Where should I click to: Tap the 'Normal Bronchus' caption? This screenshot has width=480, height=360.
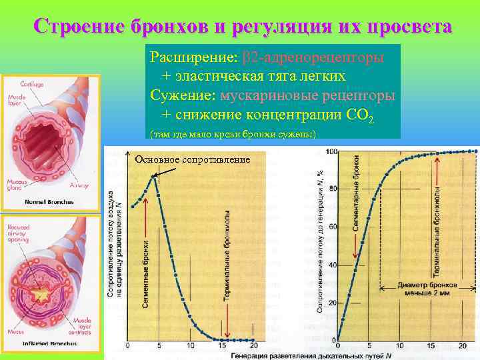[x=49, y=201]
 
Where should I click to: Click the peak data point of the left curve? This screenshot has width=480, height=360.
[x=154, y=176]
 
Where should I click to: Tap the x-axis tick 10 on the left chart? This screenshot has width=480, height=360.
[x=191, y=346]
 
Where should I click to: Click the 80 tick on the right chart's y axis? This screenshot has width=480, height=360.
[x=332, y=189]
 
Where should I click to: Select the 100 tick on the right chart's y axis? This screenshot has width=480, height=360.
[x=331, y=151]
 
